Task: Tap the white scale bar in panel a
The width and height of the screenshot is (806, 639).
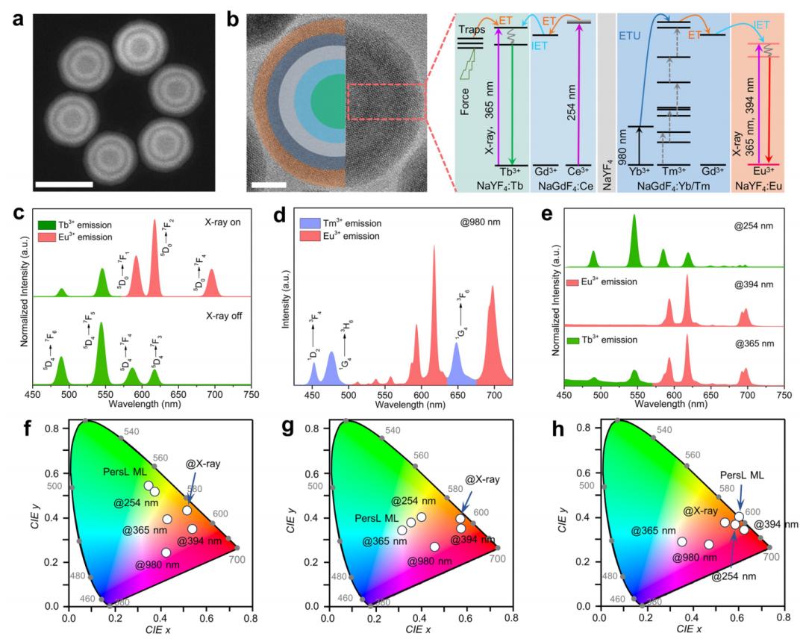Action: click(x=66, y=183)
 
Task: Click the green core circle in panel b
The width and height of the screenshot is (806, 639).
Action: click(x=330, y=98)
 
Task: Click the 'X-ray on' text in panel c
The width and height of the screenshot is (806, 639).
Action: click(x=224, y=222)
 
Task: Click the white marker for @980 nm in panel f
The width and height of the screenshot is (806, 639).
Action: click(x=166, y=553)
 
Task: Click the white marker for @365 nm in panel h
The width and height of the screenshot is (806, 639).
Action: click(x=681, y=542)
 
